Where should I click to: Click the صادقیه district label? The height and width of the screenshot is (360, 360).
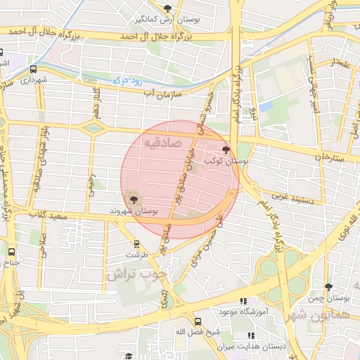[x=162, y=143]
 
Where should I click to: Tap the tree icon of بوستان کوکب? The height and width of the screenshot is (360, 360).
[x=226, y=149]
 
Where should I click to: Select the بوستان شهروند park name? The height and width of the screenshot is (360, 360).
[x=134, y=211]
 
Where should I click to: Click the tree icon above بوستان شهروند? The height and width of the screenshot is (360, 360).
[x=134, y=200]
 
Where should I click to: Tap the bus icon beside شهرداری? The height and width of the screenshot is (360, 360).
[x=34, y=69]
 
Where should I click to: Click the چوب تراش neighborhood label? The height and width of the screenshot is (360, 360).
[x=138, y=275]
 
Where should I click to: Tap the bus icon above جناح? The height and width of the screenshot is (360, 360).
[x=11, y=251]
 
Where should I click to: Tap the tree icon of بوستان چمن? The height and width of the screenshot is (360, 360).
[x=328, y=287]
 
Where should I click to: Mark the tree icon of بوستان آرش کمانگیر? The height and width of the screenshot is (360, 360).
[x=167, y=8]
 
